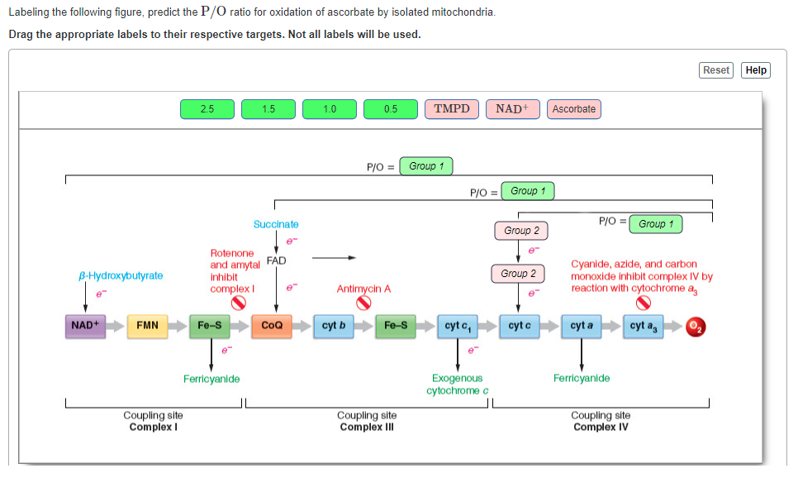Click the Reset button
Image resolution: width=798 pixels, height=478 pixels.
click(716, 70)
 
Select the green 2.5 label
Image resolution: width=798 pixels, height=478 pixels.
click(207, 109)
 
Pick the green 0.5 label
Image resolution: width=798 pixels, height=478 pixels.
click(390, 109)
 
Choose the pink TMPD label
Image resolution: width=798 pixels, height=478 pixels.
click(451, 109)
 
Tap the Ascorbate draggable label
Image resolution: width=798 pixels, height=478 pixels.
click(573, 109)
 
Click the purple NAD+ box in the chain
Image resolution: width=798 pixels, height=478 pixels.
click(85, 326)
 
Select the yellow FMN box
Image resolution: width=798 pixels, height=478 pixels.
click(148, 326)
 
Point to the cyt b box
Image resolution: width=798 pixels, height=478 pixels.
click(334, 326)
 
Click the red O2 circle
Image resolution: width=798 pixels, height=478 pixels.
click(696, 327)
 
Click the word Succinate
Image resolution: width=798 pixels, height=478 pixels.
click(276, 224)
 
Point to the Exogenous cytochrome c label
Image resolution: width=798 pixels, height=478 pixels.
click(457, 384)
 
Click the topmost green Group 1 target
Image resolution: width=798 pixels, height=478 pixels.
click(425, 166)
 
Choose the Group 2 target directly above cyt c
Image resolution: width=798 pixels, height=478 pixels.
click(518, 274)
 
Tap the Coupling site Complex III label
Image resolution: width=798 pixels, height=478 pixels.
click(366, 421)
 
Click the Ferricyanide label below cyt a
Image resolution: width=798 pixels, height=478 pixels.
click(582, 378)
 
